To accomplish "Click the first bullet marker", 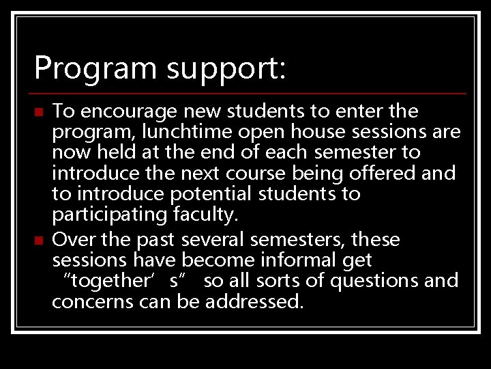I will (x=39, y=111).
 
